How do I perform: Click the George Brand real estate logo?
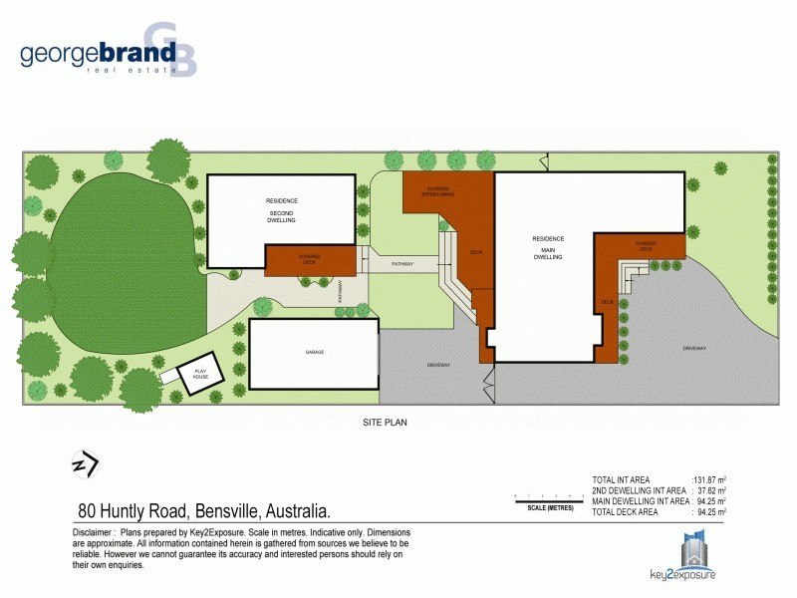(x=108, y=52)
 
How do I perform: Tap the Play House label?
(x=199, y=375)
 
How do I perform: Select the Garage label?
(x=315, y=353)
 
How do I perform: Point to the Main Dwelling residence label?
(x=548, y=247)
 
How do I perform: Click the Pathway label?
(x=402, y=264)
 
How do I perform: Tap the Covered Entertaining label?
(x=439, y=191)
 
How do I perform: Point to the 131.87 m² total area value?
(x=708, y=480)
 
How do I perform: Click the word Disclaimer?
(x=93, y=533)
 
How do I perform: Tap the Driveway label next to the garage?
(x=439, y=365)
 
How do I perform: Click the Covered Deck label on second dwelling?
(x=309, y=259)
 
